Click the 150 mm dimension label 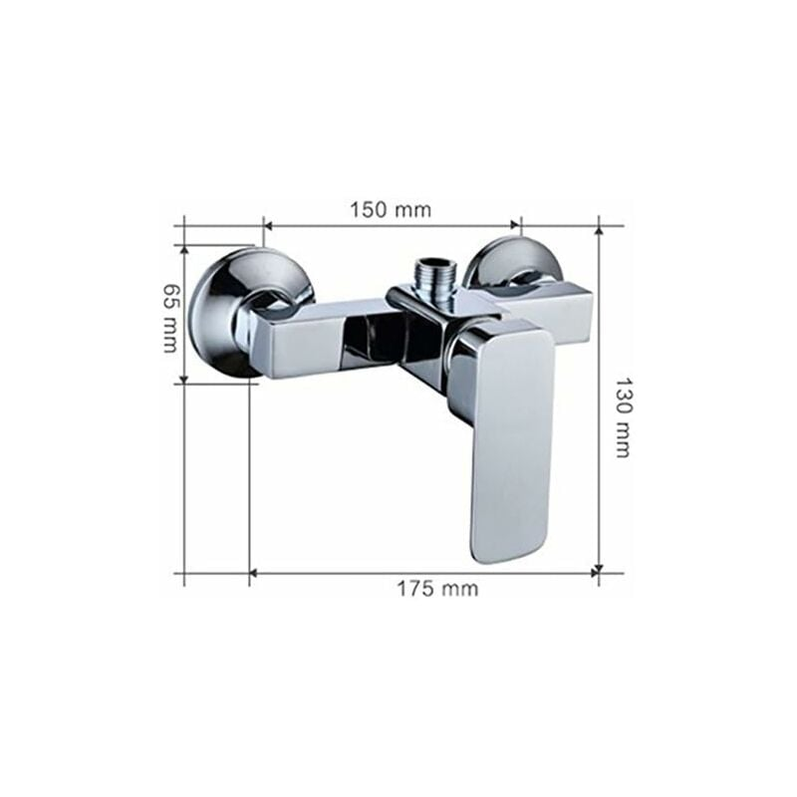pos(390,209)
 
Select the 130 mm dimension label pos(622,416)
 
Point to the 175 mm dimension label pos(437,589)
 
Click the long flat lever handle pos(511,438)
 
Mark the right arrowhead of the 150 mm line pos(515,226)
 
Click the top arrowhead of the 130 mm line pos(599,231)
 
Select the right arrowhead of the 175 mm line pos(594,573)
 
